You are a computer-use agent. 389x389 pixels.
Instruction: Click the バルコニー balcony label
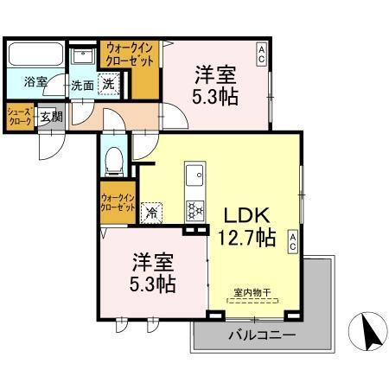(262, 335)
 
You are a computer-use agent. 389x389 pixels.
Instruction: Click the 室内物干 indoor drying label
(252, 293)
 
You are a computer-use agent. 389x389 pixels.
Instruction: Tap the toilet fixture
(113, 159)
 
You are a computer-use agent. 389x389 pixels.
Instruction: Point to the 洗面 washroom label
(83, 85)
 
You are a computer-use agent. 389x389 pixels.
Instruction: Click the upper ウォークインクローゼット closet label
(130, 54)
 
